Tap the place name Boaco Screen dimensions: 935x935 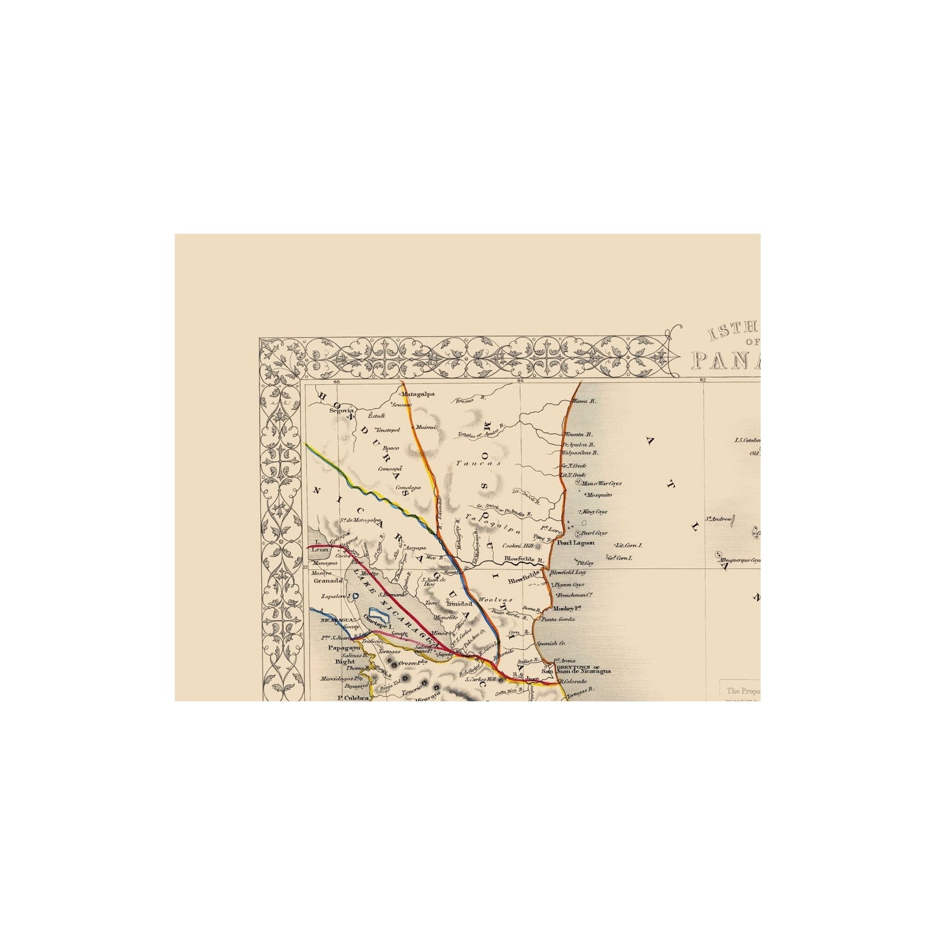pyautogui.click(x=390, y=448)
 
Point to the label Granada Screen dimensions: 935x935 pyautogui.click(x=327, y=581)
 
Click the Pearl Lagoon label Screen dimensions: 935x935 pyautogui.click(x=575, y=543)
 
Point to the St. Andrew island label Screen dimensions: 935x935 pyautogui.click(x=718, y=519)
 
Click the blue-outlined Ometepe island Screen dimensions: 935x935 pyautogui.click(x=376, y=615)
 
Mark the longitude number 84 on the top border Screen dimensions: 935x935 pyautogui.click(x=520, y=382)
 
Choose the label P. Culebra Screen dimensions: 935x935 pyautogui.click(x=353, y=698)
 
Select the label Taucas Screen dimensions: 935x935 pyautogui.click(x=469, y=463)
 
